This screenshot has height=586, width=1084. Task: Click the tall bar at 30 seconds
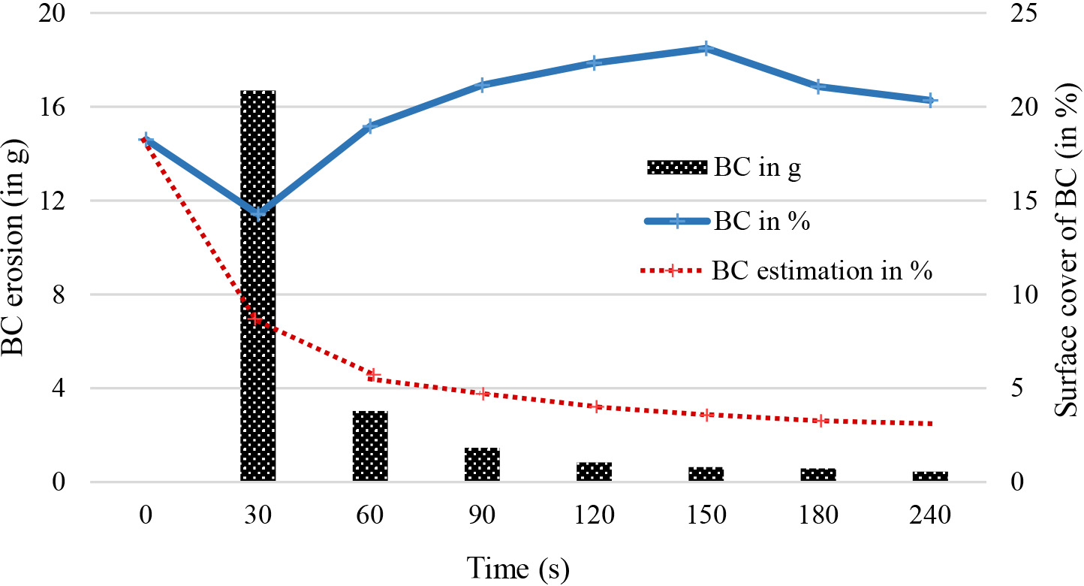[x=257, y=285]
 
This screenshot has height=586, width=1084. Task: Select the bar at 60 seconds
[x=370, y=446]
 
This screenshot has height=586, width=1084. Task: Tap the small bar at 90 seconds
[x=482, y=464]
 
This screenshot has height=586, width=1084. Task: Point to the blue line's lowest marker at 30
[x=257, y=214]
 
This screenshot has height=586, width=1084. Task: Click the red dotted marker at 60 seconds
[x=370, y=376]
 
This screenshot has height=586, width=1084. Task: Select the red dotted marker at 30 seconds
[x=257, y=319]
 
